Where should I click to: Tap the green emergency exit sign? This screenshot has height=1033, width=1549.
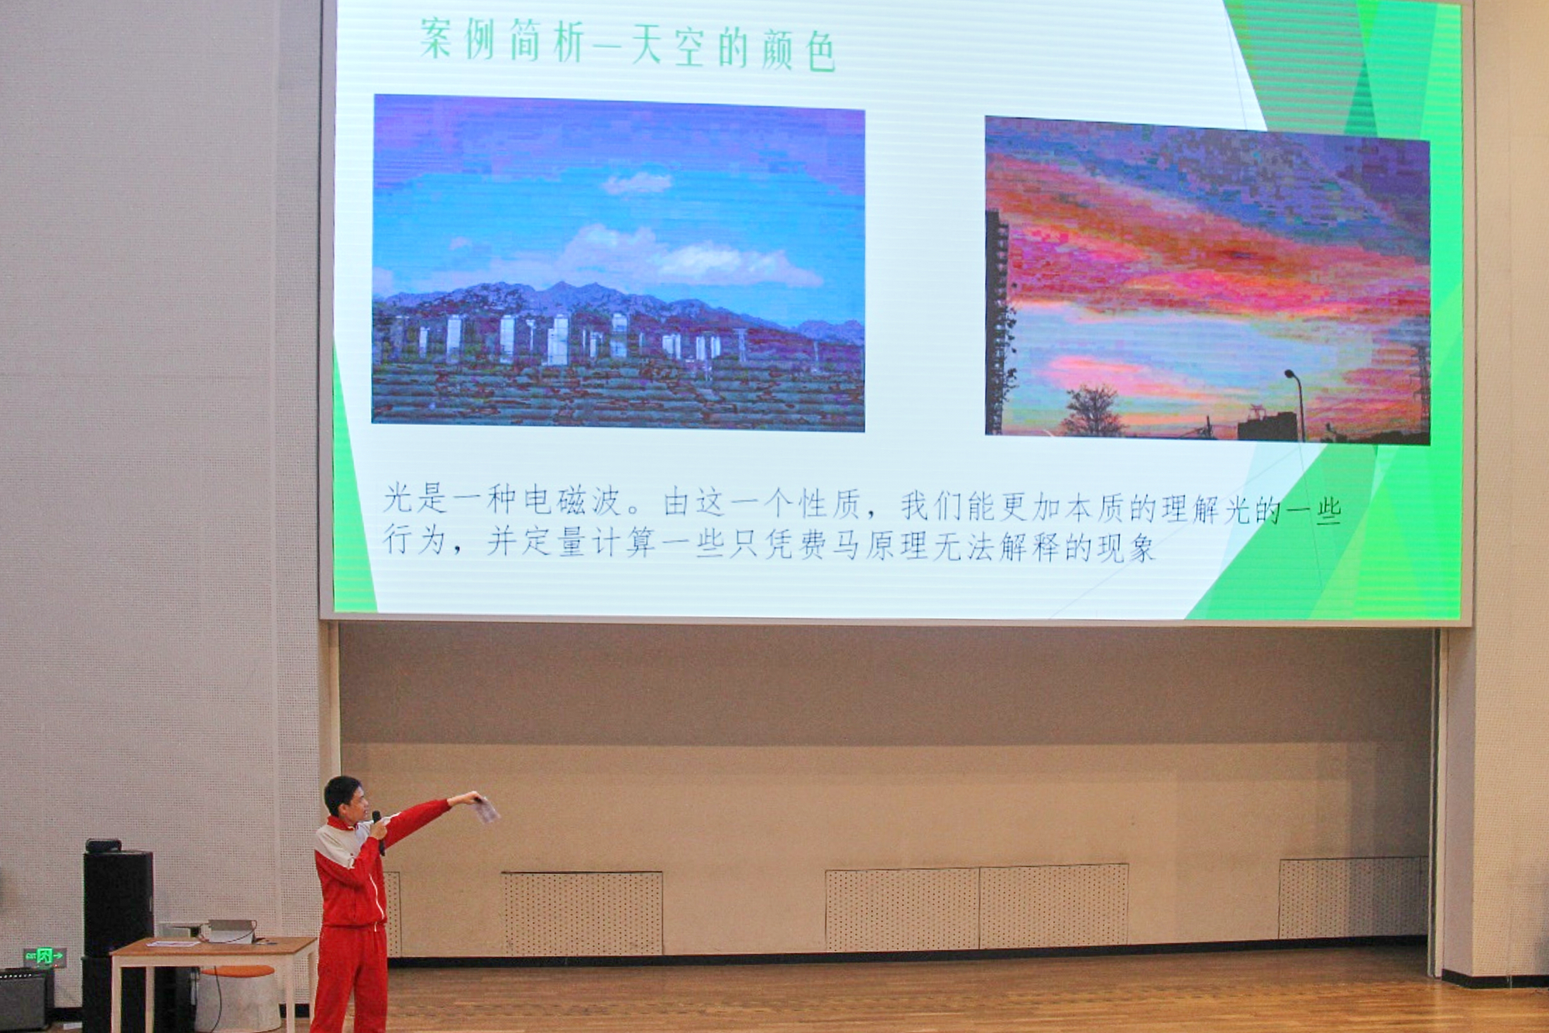44,956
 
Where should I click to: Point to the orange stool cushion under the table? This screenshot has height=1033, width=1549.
238,971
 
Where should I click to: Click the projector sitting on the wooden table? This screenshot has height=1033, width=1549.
230,930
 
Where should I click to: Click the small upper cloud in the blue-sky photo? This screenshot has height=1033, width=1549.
637,184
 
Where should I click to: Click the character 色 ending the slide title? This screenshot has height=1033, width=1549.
820,52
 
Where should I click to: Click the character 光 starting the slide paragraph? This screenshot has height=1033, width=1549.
397,498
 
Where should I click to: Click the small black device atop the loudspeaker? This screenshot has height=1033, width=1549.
103,845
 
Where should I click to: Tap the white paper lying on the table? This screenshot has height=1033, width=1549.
173,943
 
